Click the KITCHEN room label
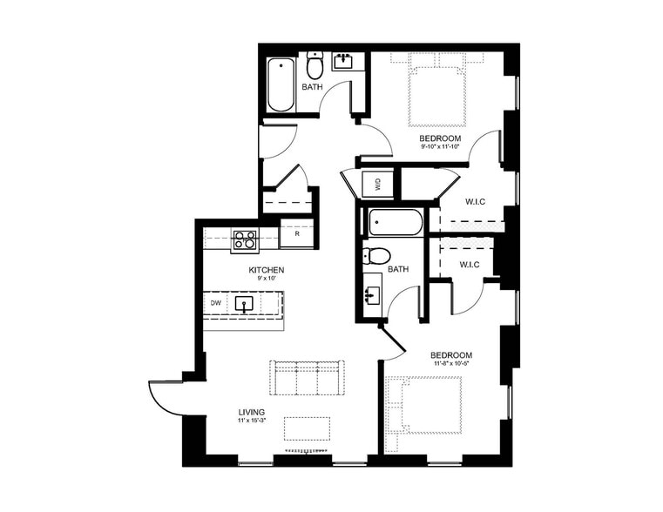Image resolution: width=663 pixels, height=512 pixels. (267, 271)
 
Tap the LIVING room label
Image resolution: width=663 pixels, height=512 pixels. (253, 412)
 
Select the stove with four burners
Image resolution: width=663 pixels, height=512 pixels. (244, 239)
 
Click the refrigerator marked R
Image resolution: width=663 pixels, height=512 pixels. (297, 234)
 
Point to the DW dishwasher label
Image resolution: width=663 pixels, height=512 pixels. (215, 303)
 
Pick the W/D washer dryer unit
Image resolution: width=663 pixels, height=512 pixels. (376, 185)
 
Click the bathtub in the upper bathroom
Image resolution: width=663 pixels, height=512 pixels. (281, 85)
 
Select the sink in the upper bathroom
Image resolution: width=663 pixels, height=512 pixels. (344, 62)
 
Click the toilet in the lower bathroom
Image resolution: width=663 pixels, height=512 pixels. (377, 256)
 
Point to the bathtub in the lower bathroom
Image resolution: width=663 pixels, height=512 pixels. (396, 223)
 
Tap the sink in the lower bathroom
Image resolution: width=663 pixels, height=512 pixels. (371, 294)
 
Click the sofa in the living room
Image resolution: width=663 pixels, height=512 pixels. (307, 379)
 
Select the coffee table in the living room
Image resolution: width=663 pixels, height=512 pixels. (308, 428)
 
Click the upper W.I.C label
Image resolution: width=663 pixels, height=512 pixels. (475, 202)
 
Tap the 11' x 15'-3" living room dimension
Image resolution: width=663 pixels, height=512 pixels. (253, 421)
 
